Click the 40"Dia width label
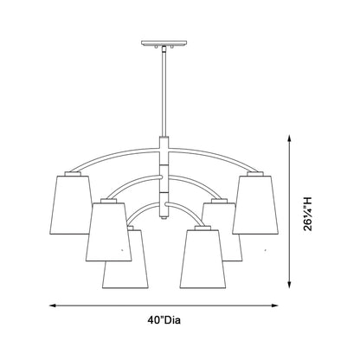pos(164,320)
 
